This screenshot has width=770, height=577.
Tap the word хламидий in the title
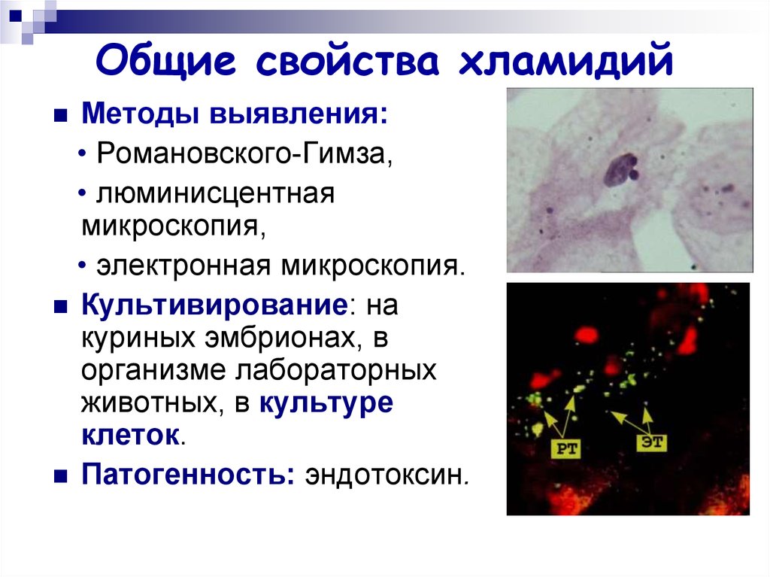(565, 60)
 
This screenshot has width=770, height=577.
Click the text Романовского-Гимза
(244, 153)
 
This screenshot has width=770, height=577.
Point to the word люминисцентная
(215, 193)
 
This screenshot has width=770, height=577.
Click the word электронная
(183, 266)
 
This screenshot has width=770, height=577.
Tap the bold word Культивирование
(214, 305)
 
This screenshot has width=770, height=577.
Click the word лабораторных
(336, 370)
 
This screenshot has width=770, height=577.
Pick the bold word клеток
(129, 435)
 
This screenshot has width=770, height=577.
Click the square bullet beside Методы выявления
(60, 116)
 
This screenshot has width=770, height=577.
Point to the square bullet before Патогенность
(60, 476)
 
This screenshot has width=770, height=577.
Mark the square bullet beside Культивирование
(60, 308)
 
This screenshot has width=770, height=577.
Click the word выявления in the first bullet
(299, 114)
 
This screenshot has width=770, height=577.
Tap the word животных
(150, 402)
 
